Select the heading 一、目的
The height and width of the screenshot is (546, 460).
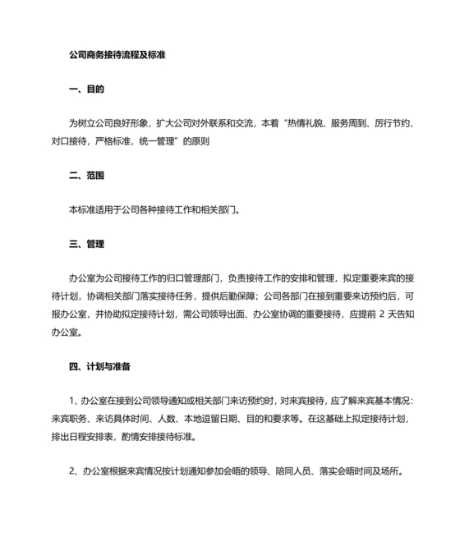86,89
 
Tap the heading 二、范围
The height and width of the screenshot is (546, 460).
86,175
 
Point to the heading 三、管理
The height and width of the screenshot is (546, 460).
86,244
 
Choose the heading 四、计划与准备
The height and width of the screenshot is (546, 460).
101,365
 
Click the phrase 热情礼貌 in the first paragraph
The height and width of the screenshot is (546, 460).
303,124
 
